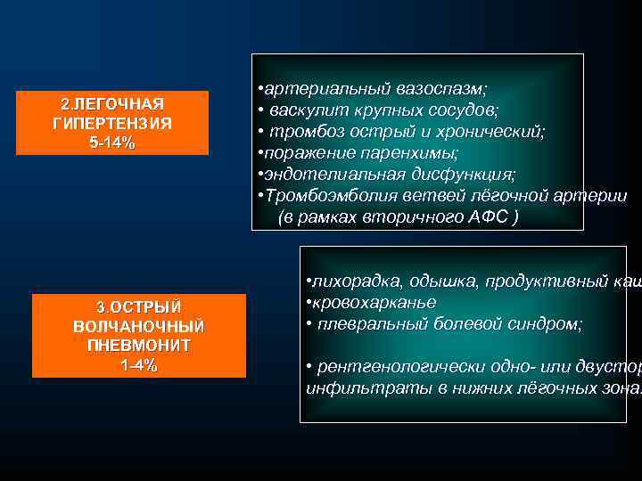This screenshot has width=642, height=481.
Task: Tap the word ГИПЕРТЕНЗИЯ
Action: tap(112, 124)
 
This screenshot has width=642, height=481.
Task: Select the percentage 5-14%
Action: tap(112, 143)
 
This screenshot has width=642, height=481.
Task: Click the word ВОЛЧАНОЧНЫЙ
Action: tap(139, 326)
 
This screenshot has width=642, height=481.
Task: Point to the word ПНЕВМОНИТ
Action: tap(139, 345)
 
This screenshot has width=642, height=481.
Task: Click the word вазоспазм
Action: tap(437, 90)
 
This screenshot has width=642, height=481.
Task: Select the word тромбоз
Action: tap(300, 131)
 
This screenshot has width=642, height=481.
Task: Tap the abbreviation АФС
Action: tap(487, 216)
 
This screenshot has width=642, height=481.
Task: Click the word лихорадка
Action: tap(353, 281)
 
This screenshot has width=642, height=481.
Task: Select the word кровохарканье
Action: tap(371, 302)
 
